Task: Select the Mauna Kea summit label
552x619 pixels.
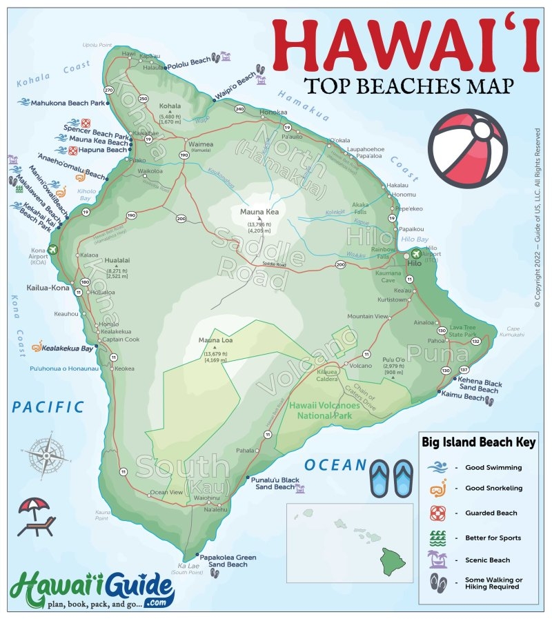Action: click(260, 211)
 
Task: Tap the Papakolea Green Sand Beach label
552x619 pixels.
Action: click(227, 560)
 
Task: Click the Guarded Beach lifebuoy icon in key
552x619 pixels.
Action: click(438, 513)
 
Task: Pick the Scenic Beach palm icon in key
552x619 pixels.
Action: click(438, 558)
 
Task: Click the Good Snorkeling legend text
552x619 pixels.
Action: click(493, 488)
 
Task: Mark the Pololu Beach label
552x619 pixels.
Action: click(189, 61)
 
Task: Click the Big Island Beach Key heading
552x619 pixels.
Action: click(478, 442)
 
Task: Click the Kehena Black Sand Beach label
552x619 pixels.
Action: click(478, 386)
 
